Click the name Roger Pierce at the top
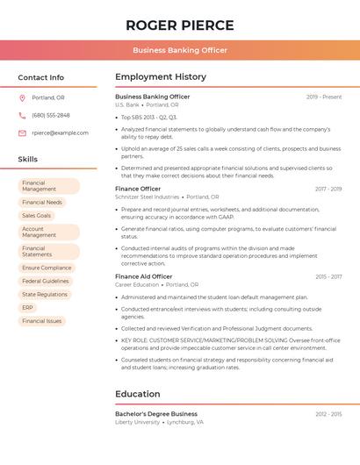tap(179, 25)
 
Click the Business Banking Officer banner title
tap(179, 51)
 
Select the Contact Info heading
tap(40, 77)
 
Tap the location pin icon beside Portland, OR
tap(22, 97)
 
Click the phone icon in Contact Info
tap(22, 115)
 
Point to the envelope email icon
tap(22, 132)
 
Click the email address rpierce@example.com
tap(60, 132)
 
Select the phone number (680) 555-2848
tap(50, 115)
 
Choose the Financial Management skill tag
tap(48, 186)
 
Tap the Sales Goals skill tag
tap(37, 215)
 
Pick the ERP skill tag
tap(28, 308)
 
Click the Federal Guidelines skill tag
tap(46, 282)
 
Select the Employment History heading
tap(160, 77)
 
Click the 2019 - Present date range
tap(324, 97)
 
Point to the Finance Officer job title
tap(138, 189)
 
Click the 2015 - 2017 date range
tap(328, 276)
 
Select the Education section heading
tap(137, 394)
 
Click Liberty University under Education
tap(137, 422)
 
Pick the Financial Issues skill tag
tap(41, 321)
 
